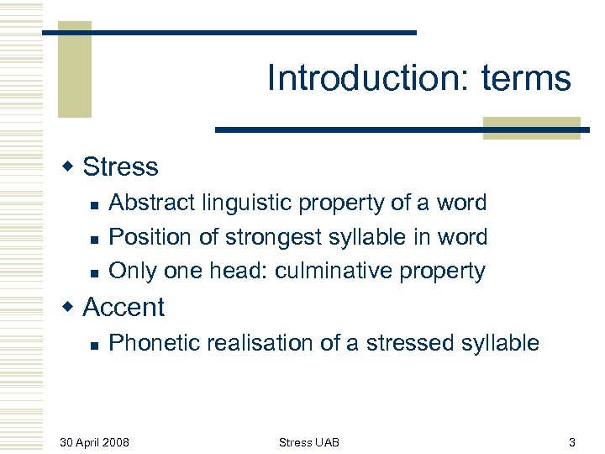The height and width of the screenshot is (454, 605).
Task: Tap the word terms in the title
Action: tap(526, 79)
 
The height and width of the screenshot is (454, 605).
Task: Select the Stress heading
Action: tap(120, 167)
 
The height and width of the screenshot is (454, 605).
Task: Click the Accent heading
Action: tap(124, 308)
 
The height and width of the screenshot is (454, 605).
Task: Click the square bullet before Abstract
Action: tap(95, 204)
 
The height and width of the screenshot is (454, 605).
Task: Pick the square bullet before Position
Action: tap(95, 239)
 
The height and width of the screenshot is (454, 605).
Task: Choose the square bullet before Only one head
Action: tap(95, 272)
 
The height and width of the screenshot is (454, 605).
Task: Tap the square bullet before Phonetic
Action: tap(95, 344)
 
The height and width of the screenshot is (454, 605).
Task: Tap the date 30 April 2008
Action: tap(94, 442)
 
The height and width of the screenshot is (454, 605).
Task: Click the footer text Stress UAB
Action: tap(308, 442)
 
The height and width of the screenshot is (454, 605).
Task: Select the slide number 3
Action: tap(571, 442)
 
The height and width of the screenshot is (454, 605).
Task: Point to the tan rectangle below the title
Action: tap(531, 128)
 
